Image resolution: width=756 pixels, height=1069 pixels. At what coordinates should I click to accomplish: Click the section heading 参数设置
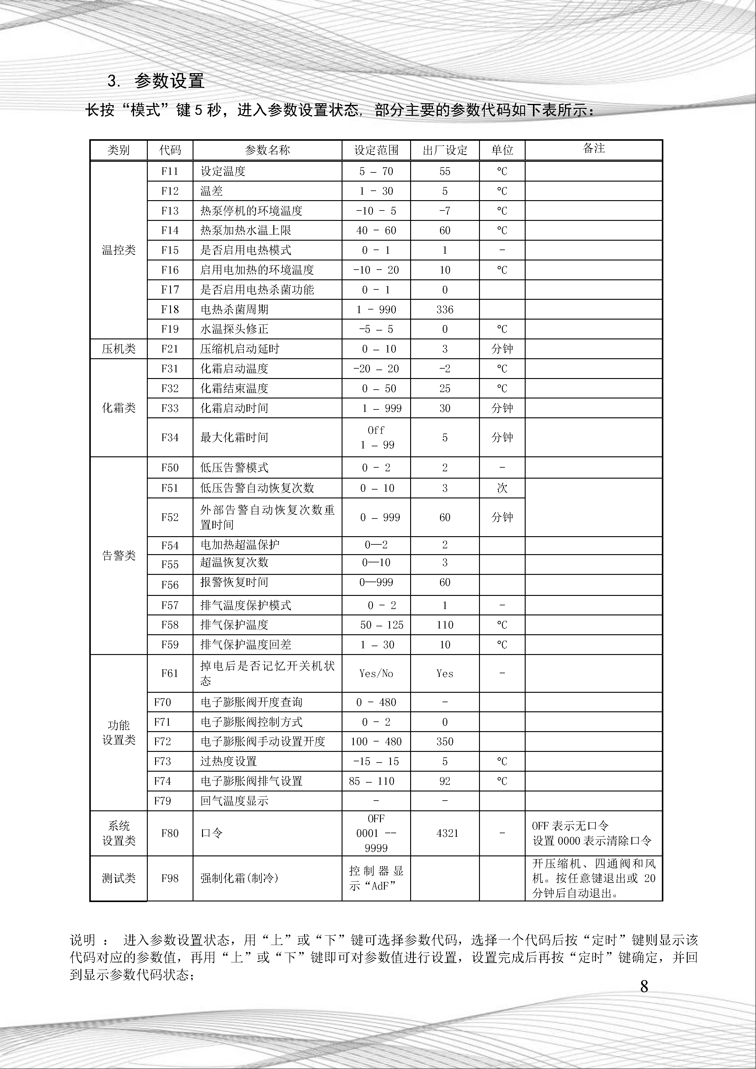169,81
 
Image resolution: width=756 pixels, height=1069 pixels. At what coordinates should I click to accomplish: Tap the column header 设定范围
376,150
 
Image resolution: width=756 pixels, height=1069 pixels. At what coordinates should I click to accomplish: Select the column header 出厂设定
445,150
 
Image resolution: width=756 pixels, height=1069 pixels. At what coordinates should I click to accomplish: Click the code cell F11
170,171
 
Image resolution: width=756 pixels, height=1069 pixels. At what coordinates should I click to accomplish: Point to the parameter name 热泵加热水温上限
246,231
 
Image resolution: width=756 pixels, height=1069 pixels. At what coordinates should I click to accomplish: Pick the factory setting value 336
445,310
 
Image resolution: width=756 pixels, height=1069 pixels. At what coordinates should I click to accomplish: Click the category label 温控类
119,250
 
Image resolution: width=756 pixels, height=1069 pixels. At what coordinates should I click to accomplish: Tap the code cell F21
170,349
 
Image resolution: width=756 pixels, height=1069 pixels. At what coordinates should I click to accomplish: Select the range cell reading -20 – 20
376,369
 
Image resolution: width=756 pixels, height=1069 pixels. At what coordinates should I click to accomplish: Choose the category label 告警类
119,555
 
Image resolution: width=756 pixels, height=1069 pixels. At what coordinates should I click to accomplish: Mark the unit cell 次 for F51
502,488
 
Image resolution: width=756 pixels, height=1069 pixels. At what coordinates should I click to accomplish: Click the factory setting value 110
445,625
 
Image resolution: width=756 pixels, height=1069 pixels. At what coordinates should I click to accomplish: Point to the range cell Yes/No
376,673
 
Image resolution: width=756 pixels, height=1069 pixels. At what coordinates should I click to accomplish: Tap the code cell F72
162,742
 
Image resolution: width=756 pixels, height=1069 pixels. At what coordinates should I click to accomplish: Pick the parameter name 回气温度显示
234,801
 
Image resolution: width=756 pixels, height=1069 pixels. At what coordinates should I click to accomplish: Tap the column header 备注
594,149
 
